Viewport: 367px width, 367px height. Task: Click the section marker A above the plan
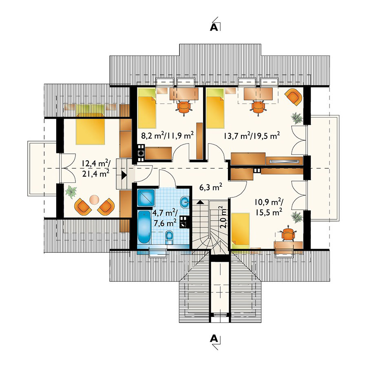click(214, 27)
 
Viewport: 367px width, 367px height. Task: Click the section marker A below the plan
click(214, 339)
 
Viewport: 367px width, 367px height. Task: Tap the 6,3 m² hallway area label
click(211, 187)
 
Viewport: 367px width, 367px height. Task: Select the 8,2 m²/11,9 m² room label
click(167, 135)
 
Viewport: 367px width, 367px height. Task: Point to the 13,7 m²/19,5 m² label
click(252, 135)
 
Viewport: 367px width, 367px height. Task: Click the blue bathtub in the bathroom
click(144, 227)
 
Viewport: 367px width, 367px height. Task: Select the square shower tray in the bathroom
click(146, 198)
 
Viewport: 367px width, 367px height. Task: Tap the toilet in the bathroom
click(169, 237)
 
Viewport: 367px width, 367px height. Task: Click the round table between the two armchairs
click(94, 200)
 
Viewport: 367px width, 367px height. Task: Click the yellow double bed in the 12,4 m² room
click(90, 129)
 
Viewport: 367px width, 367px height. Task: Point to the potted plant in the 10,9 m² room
click(296, 217)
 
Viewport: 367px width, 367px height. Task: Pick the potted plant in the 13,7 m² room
click(296, 118)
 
